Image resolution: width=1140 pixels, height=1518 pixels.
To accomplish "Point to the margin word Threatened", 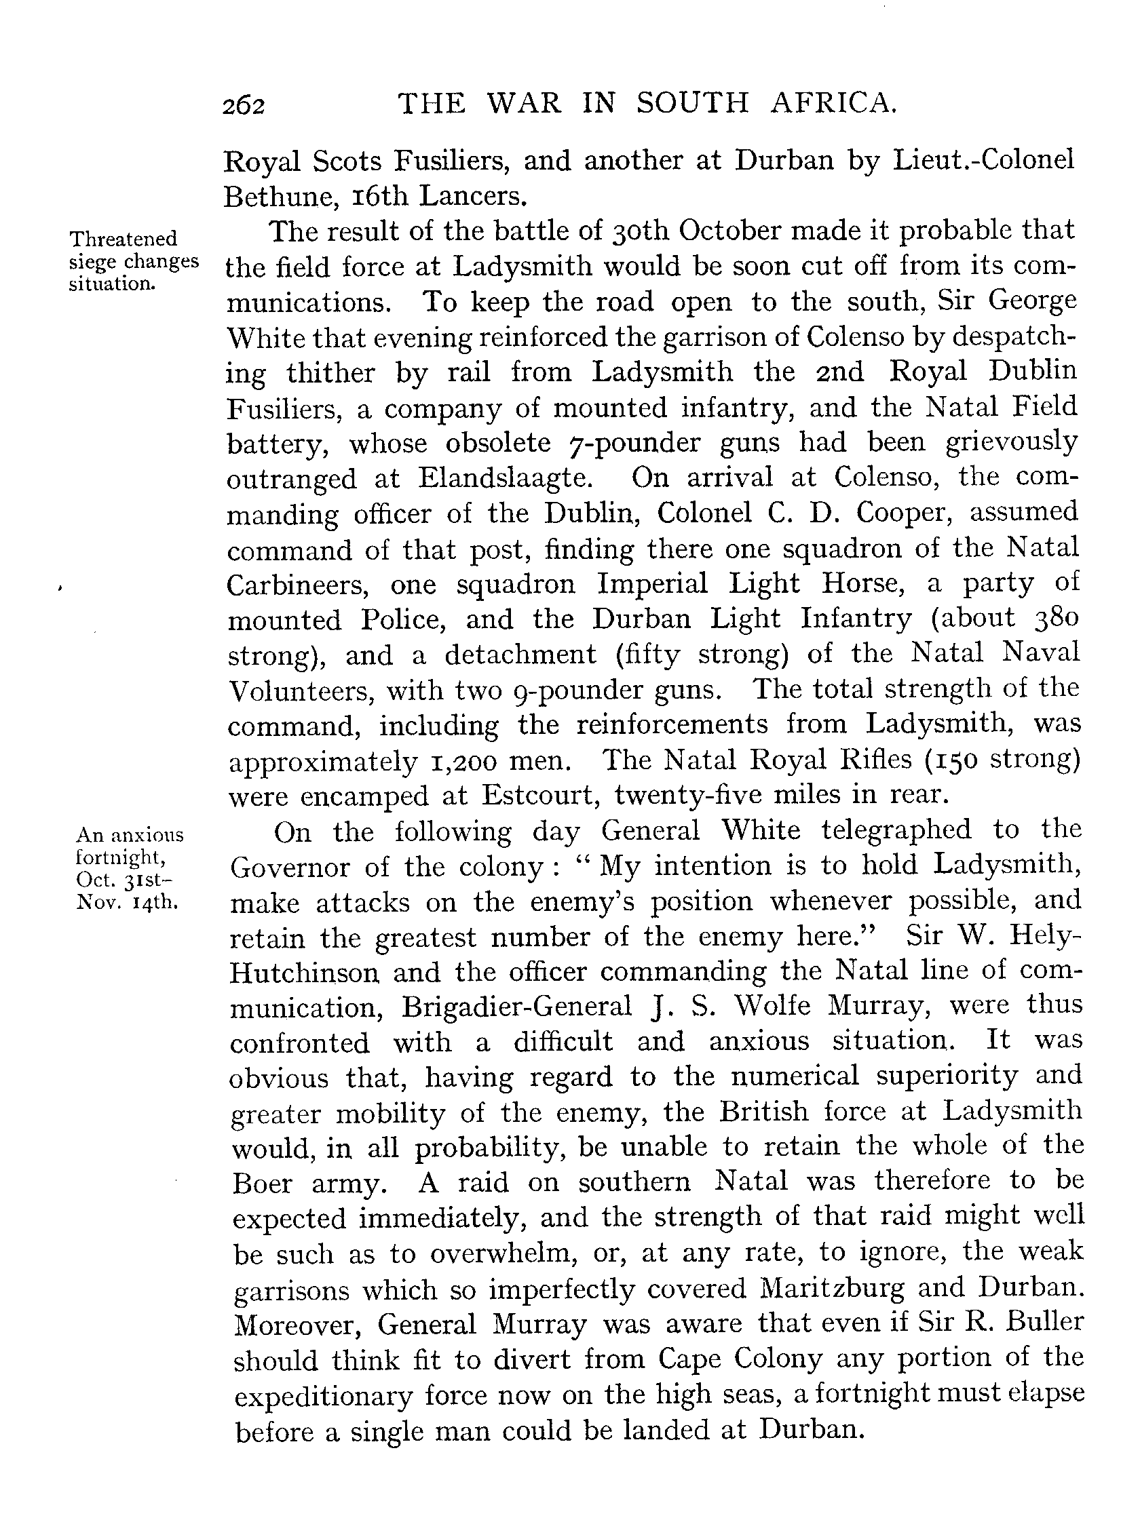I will pyautogui.click(x=123, y=239).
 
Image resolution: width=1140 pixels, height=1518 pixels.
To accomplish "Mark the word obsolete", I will pyautogui.click(x=498, y=443).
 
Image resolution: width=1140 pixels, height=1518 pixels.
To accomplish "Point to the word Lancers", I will pyautogui.click(x=472, y=197).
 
